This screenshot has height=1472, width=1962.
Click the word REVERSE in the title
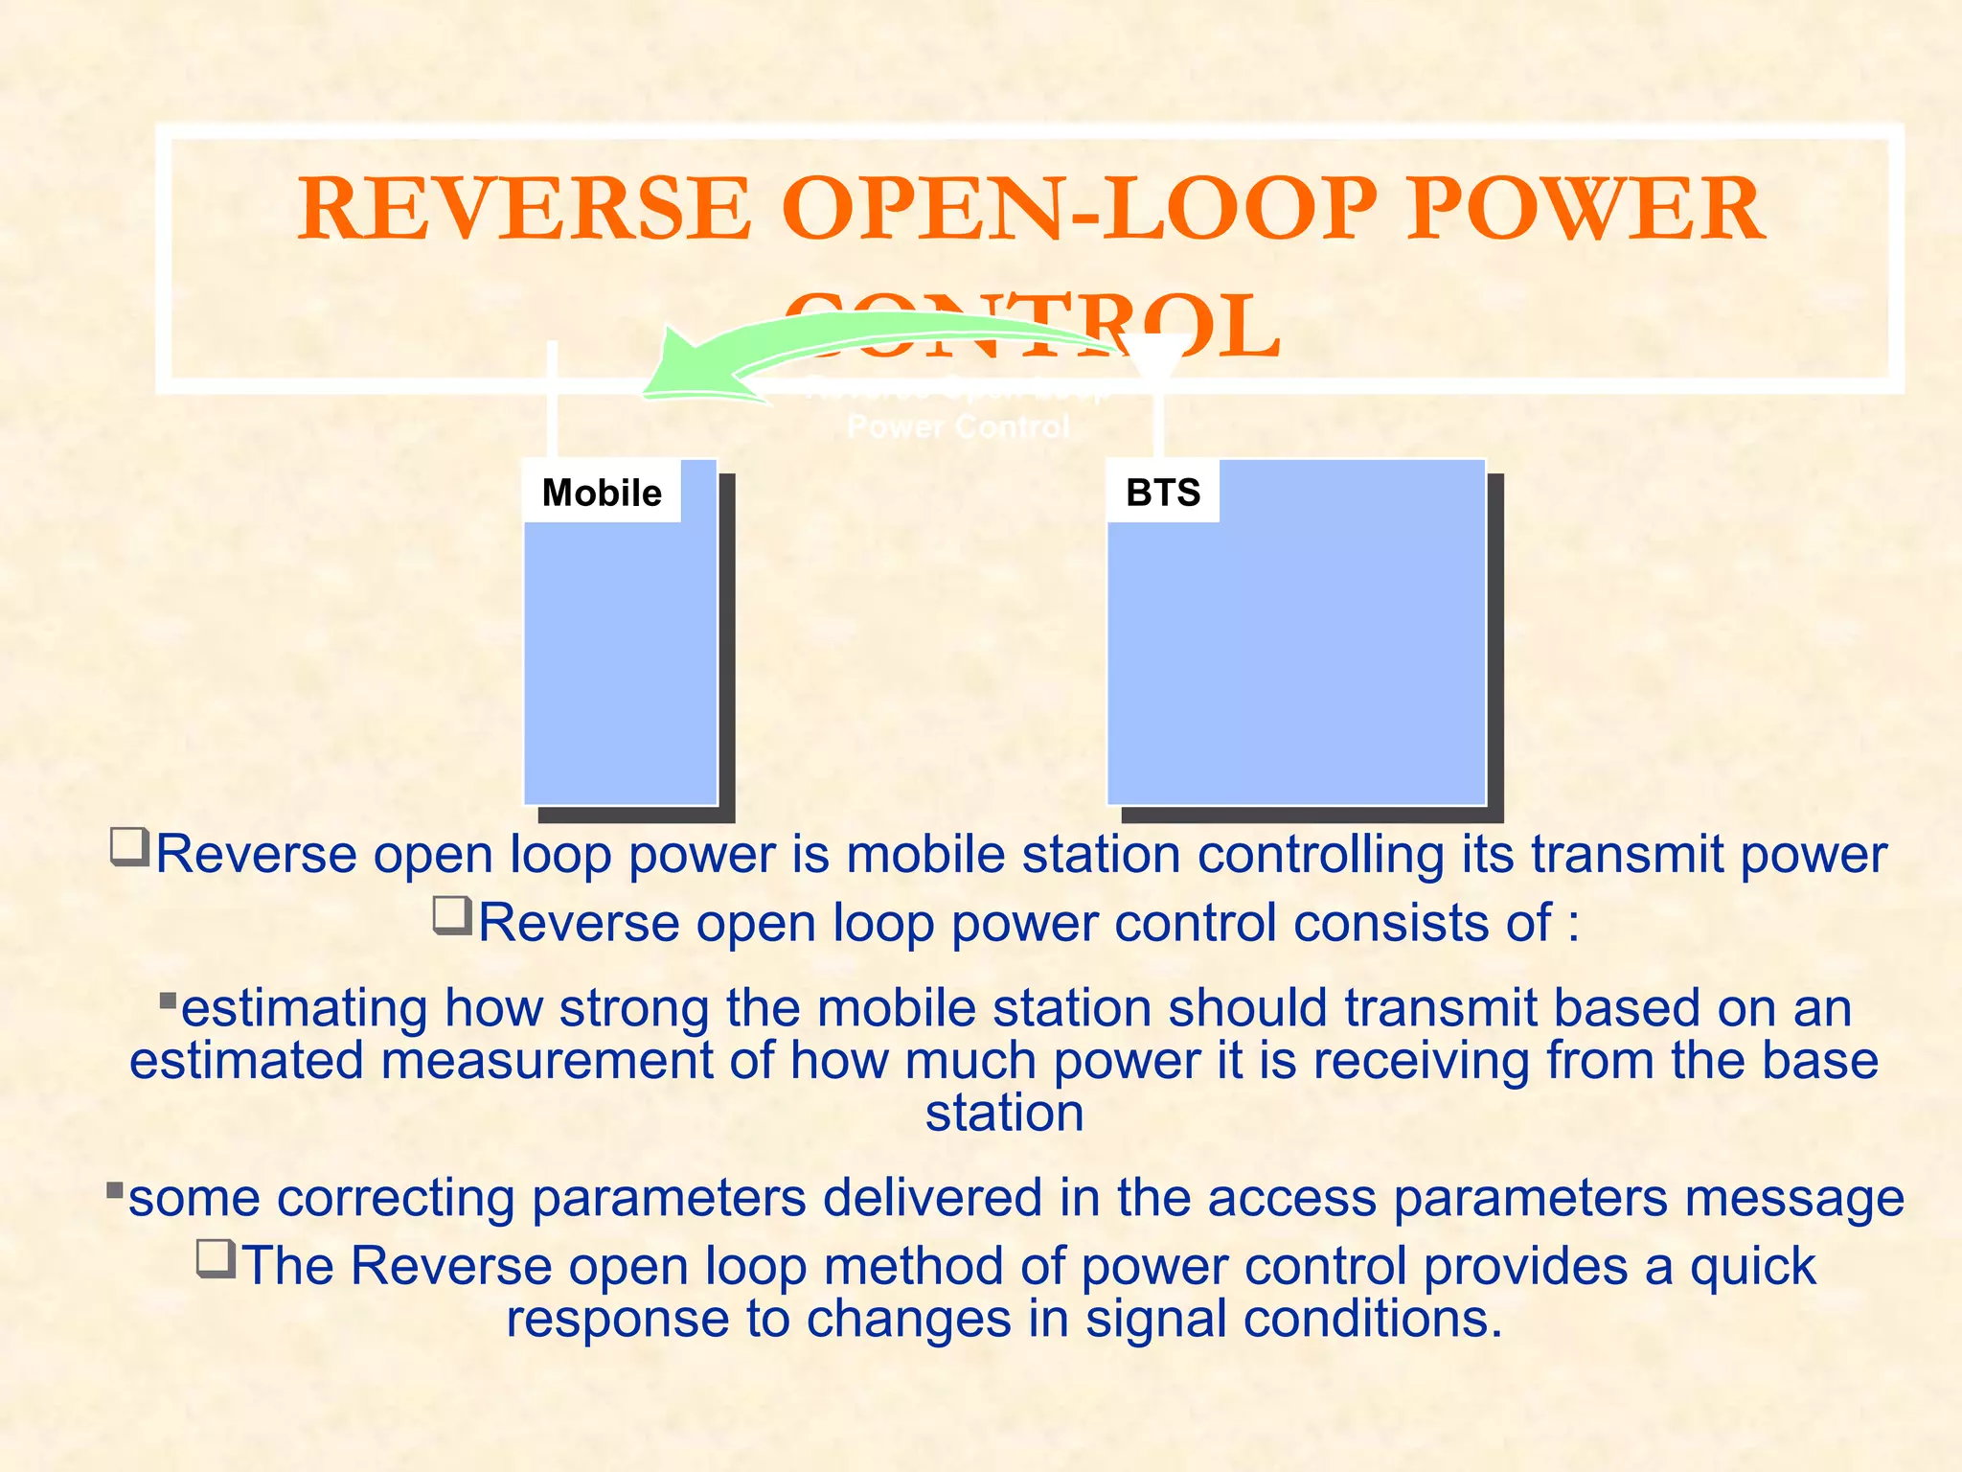coord(524,209)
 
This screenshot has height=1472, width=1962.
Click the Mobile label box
coord(602,493)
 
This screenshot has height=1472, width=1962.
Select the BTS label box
coord(1162,493)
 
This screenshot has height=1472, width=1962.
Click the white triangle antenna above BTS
coord(1156,356)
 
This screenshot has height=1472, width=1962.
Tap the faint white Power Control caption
coord(958,425)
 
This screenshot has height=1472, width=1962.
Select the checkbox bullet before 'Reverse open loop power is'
coord(130,847)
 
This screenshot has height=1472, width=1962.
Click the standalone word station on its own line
coord(1004,1114)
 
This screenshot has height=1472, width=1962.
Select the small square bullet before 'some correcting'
coord(115,1191)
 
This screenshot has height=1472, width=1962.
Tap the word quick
coord(1752,1266)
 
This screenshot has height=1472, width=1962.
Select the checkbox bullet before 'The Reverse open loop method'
coord(217,1258)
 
